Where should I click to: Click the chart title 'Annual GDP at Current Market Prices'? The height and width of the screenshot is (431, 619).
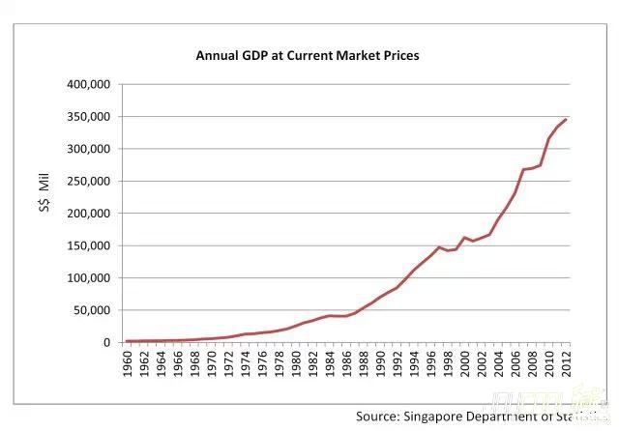[x=308, y=55]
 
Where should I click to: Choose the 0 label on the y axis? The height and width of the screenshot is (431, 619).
[x=108, y=342]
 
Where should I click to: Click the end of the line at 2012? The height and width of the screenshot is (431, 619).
[x=566, y=120]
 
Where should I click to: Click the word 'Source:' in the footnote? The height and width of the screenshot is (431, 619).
[x=380, y=416]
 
